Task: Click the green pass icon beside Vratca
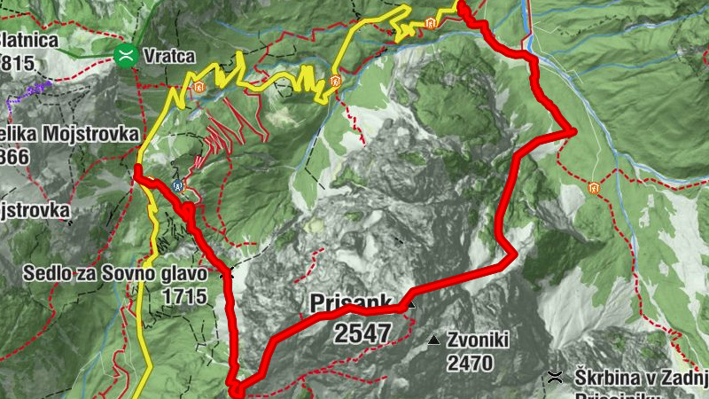pyautogui.click(x=127, y=57)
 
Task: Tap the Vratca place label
pyautogui.click(x=168, y=57)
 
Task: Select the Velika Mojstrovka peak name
pyautogui.click(x=70, y=134)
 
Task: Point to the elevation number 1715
pyautogui.click(x=184, y=296)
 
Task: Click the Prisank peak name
pyautogui.click(x=351, y=304)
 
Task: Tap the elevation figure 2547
pyautogui.click(x=362, y=333)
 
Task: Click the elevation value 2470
pyautogui.click(x=470, y=363)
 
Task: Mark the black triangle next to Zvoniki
pyautogui.click(x=433, y=340)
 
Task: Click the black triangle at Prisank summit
pyautogui.click(x=410, y=304)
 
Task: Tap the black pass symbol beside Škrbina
pyautogui.click(x=556, y=377)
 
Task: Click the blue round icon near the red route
pyautogui.click(x=179, y=186)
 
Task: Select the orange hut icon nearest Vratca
pyautogui.click(x=199, y=88)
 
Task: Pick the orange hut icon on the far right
pyautogui.click(x=593, y=188)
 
